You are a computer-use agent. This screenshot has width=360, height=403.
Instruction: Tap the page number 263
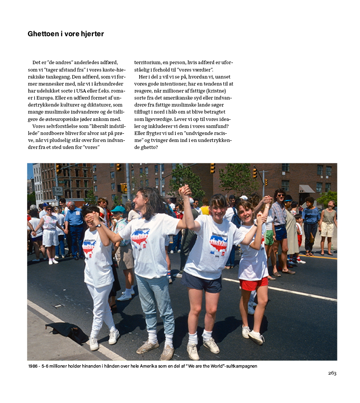332,373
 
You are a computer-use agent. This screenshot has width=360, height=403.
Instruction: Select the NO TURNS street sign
58,191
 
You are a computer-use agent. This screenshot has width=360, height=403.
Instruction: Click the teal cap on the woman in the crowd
117,209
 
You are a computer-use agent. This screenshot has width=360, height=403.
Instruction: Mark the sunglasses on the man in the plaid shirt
280,195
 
